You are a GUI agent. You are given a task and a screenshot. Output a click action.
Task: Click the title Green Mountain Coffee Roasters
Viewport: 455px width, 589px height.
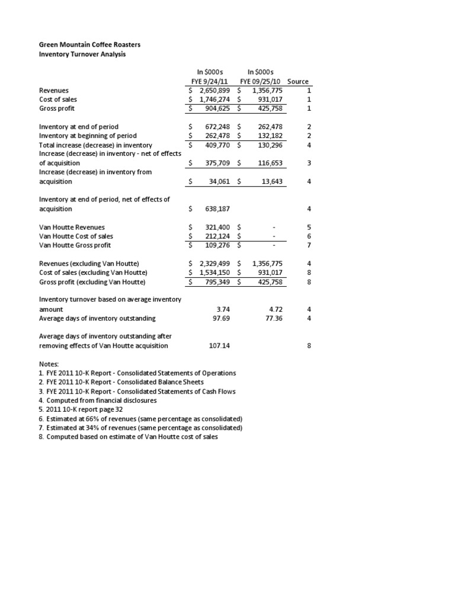[89, 45]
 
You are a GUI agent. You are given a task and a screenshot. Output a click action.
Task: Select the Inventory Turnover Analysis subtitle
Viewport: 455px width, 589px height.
[82, 55]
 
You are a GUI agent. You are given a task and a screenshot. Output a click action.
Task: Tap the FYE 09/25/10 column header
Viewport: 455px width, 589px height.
[261, 81]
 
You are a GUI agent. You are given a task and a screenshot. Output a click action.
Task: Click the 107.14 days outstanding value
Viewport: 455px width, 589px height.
[219, 345]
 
